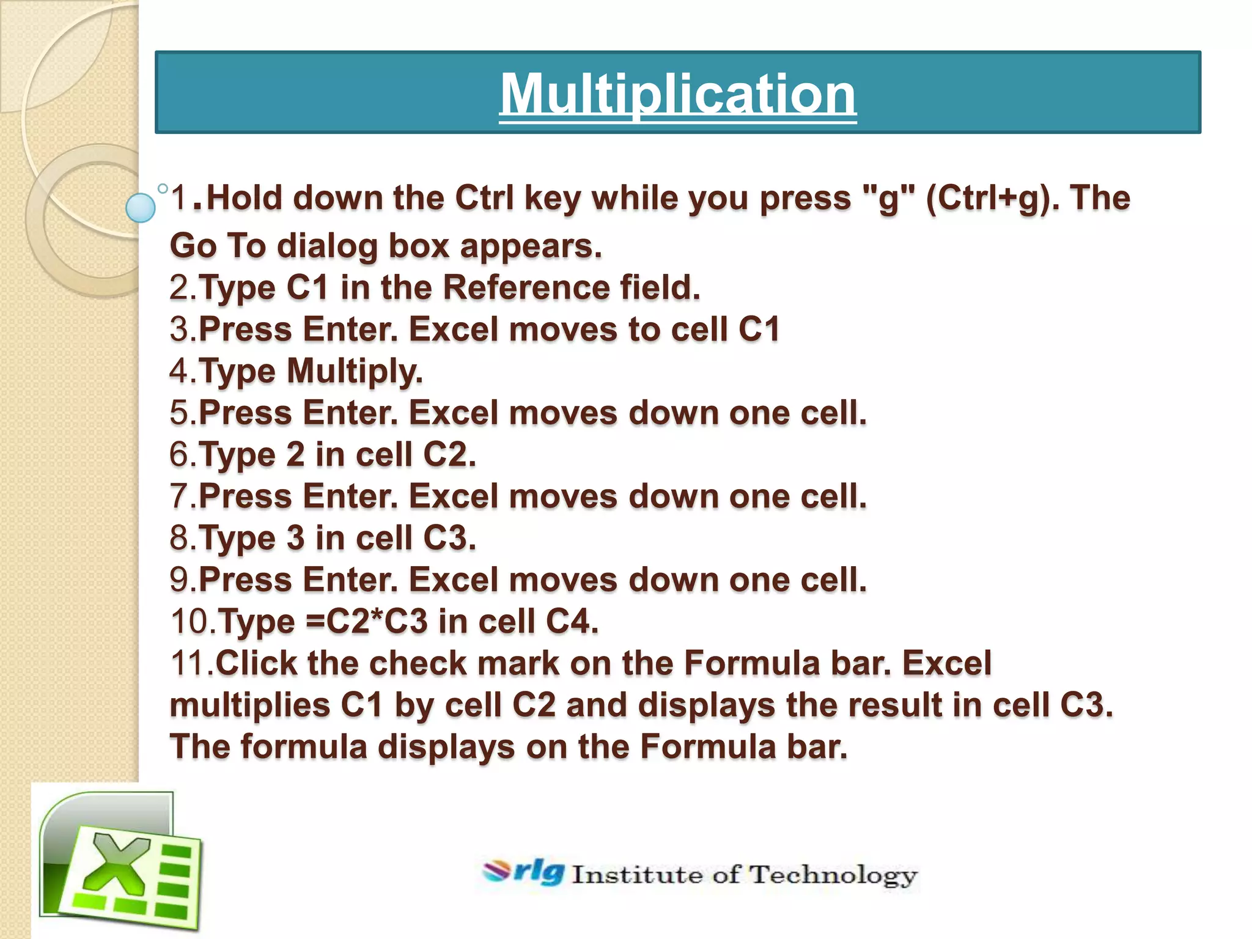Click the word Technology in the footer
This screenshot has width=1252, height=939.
tap(833, 875)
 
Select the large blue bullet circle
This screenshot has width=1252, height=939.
tap(141, 207)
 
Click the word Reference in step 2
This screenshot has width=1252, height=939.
tap(526, 287)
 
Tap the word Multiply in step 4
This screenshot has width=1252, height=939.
tap(355, 371)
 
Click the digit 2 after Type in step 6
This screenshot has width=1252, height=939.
tap(295, 455)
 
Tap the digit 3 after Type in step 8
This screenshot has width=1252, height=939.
tap(295, 538)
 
